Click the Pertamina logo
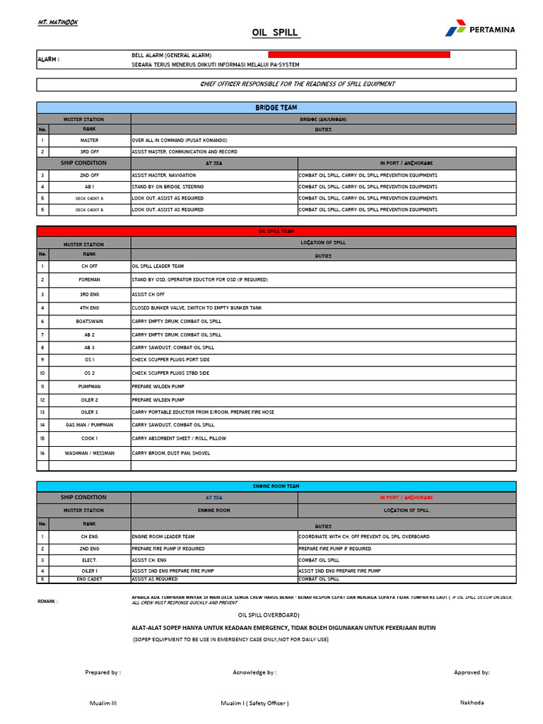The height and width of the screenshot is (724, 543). click(x=479, y=30)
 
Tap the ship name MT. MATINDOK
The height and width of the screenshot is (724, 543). click(x=58, y=23)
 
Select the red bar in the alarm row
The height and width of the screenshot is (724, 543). click(x=359, y=54)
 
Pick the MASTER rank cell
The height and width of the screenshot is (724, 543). click(x=89, y=141)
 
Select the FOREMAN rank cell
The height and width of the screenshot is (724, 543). click(x=89, y=280)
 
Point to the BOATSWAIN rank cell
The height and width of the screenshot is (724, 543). click(x=89, y=321)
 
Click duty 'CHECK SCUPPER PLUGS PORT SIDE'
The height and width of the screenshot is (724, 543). click(x=170, y=360)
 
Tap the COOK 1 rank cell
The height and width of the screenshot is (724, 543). click(x=89, y=438)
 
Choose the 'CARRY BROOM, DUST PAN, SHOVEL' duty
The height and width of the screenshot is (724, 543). click(x=170, y=453)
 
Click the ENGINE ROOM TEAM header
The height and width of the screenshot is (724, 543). click(x=276, y=486)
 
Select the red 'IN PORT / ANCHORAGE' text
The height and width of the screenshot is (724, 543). click(x=407, y=498)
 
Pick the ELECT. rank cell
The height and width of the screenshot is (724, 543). click(x=89, y=560)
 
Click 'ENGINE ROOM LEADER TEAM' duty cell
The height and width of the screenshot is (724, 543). click(x=163, y=537)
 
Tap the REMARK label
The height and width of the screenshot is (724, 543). click(x=48, y=602)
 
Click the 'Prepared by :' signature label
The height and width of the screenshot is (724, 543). click(x=103, y=672)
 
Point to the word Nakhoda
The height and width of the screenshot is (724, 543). click(x=472, y=703)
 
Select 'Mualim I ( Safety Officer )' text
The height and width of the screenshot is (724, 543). click(x=255, y=703)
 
